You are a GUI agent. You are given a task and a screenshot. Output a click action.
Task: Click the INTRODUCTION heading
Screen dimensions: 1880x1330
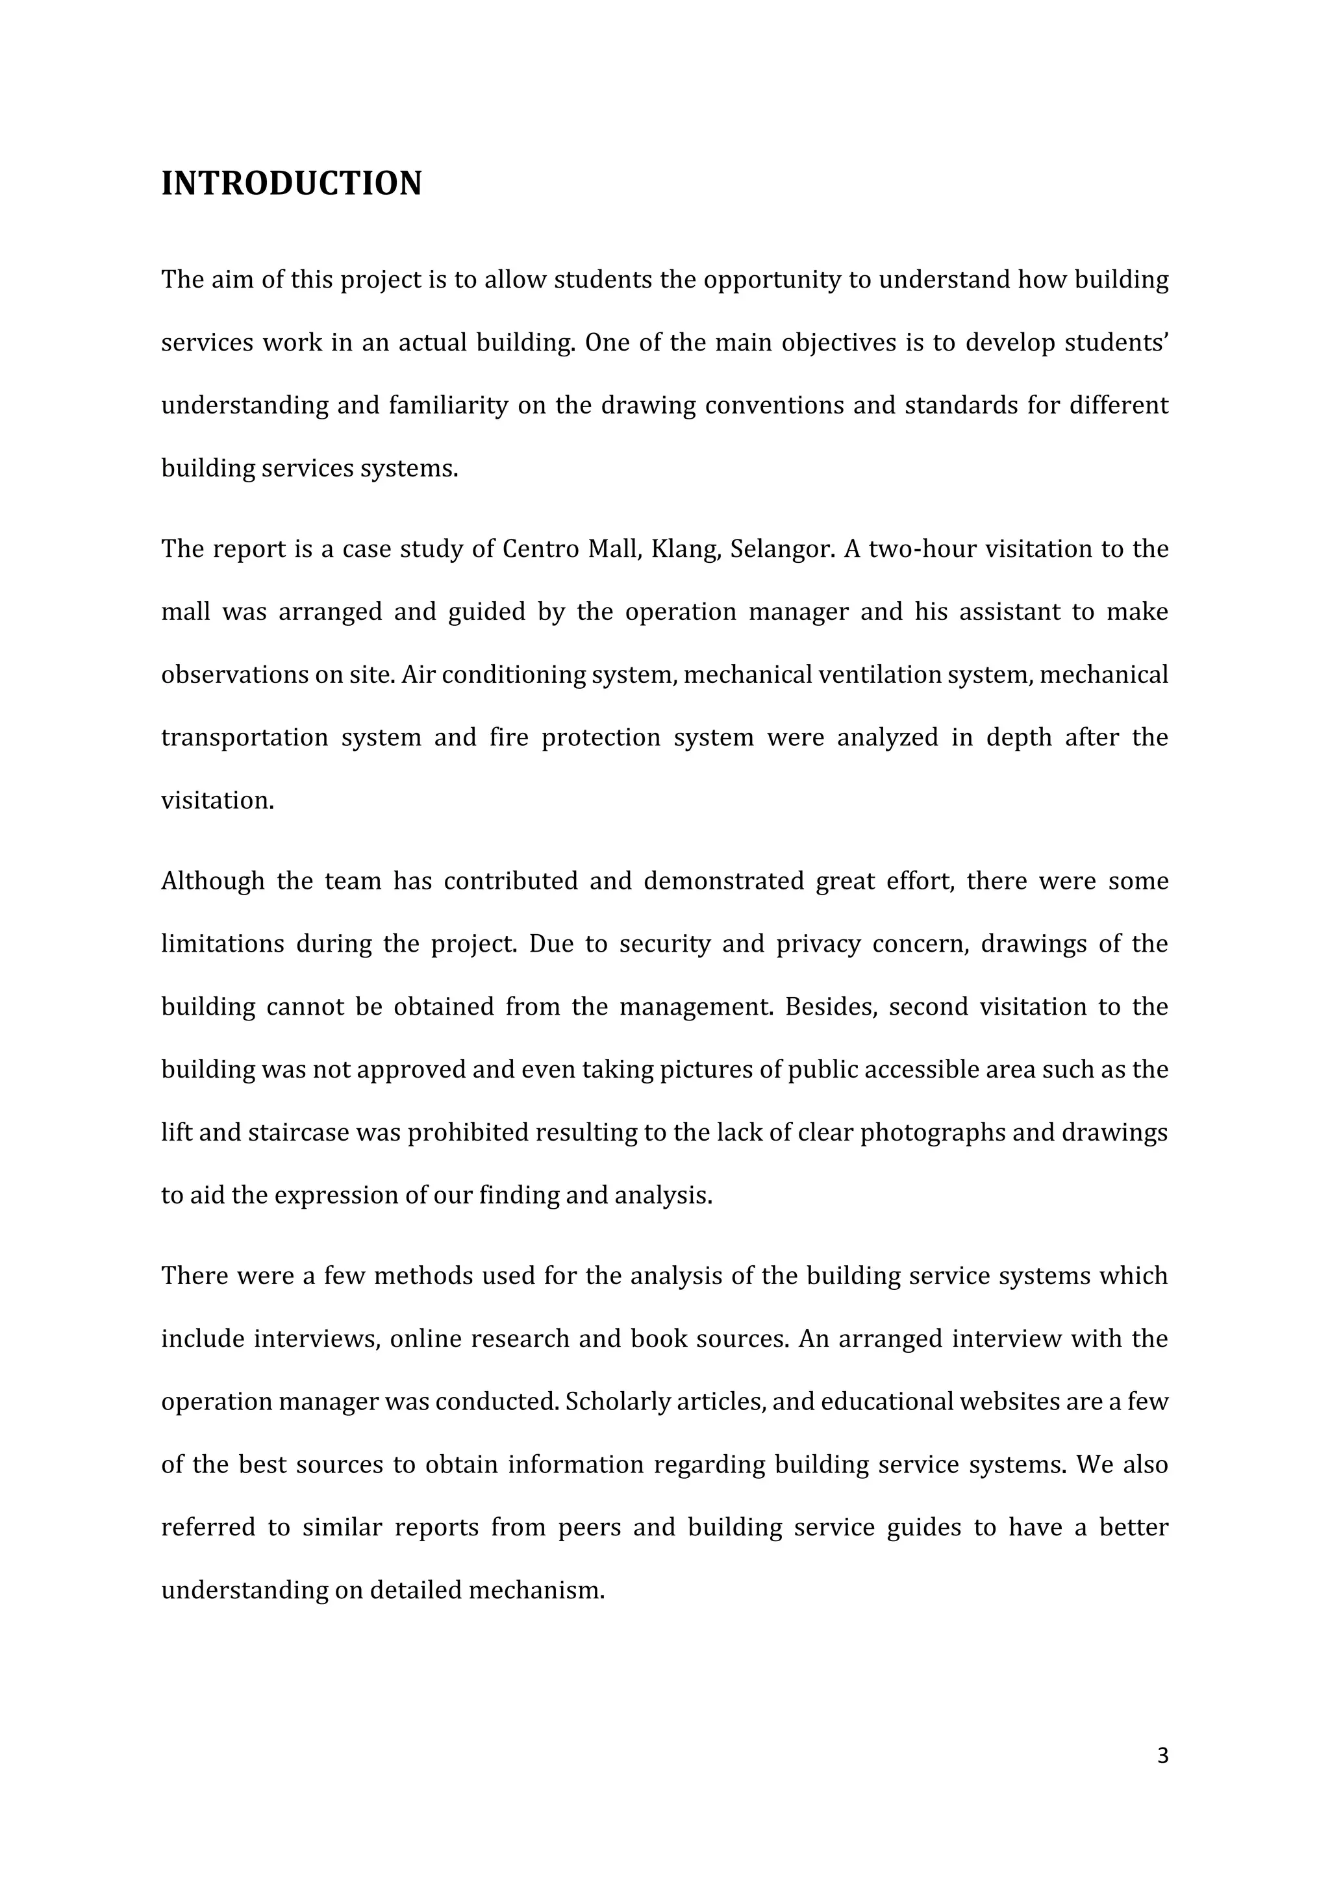(x=291, y=184)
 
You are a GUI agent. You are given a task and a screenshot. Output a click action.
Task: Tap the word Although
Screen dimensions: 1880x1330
(x=213, y=882)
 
